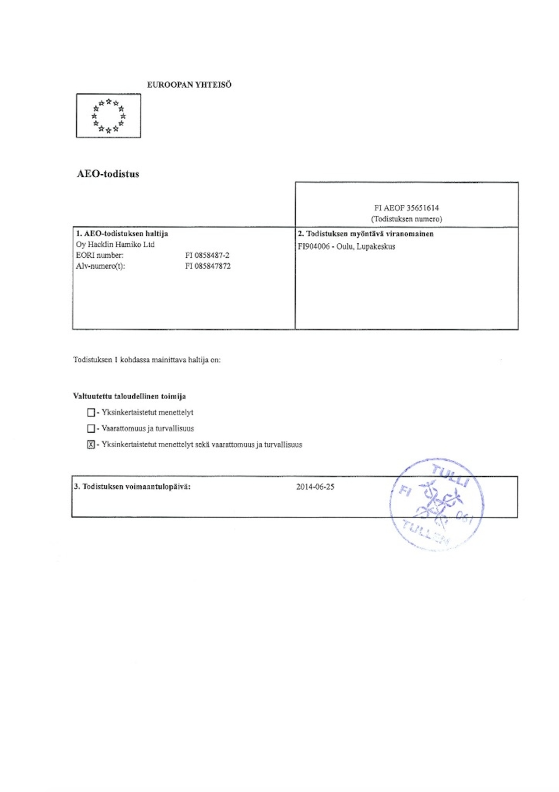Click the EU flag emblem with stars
click(x=108, y=115)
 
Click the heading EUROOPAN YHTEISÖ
click(x=189, y=85)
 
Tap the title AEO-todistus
click(x=108, y=174)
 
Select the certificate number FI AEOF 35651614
click(x=406, y=208)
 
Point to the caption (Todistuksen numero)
click(x=406, y=219)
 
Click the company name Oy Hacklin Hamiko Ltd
click(x=115, y=244)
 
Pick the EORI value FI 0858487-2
click(x=207, y=255)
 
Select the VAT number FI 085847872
click(x=207, y=266)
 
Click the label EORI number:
click(x=100, y=255)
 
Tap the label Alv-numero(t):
click(x=101, y=266)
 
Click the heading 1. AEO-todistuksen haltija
click(x=122, y=234)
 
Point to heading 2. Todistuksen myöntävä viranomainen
click(x=365, y=234)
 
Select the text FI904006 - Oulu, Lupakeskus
click(x=346, y=246)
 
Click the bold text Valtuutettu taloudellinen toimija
click(x=130, y=396)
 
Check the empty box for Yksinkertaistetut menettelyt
click(x=91, y=412)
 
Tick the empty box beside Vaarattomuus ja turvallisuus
click(x=91, y=428)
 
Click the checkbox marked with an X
click(x=91, y=444)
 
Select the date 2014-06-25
click(x=315, y=487)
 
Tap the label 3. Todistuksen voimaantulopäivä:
click(x=132, y=487)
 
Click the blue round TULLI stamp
click(x=437, y=504)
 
